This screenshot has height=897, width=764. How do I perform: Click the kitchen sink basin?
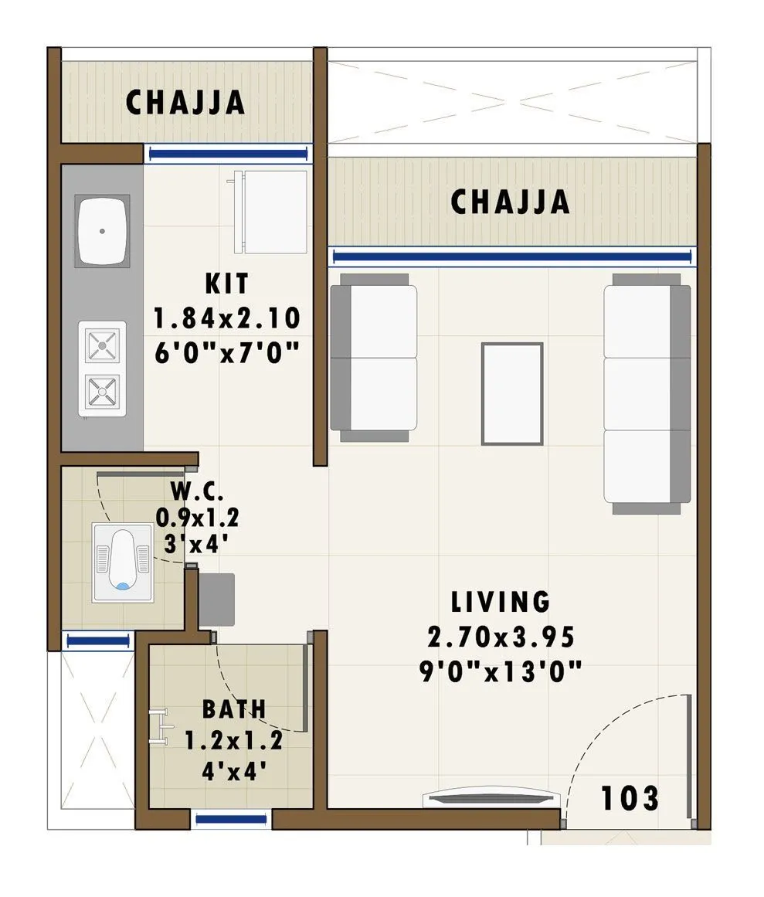tap(101, 232)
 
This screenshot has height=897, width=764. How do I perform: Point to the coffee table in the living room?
tap(511, 393)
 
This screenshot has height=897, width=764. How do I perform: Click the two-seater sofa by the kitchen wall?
tap(374, 358)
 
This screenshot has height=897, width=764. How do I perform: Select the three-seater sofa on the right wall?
tap(647, 394)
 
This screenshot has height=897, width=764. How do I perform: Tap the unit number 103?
tap(630, 798)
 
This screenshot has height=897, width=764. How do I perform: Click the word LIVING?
tap(501, 601)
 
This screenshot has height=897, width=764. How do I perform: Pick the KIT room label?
tap(227, 284)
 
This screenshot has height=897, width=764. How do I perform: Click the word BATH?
tap(234, 708)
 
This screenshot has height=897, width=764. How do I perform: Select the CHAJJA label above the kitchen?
tap(185, 103)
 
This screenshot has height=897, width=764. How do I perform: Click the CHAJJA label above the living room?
tap(510, 202)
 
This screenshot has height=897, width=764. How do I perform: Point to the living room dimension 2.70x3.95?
tap(501, 637)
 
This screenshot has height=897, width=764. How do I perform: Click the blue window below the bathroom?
tap(232, 819)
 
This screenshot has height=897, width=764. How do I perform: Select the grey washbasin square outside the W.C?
tap(216, 600)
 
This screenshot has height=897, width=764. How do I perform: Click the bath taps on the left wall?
tap(160, 726)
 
